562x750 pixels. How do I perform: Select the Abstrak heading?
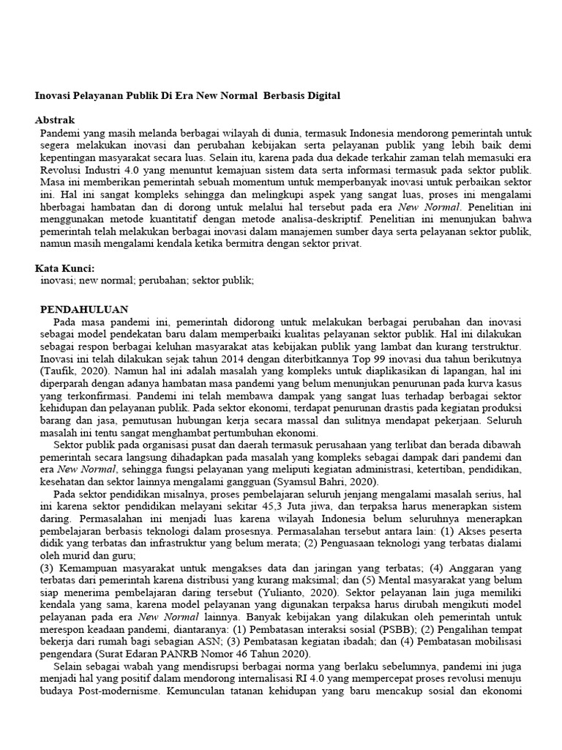[x=55, y=119]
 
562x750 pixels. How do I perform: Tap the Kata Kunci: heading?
[x=64, y=269]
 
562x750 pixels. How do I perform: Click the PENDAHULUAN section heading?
[x=84, y=310]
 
